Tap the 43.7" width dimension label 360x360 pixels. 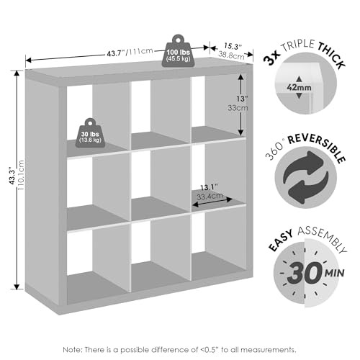click(x=117, y=53)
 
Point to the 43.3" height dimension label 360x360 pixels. click(x=12, y=176)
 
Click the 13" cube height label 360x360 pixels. click(x=242, y=99)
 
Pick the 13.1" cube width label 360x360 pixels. click(x=209, y=187)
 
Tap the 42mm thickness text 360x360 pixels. click(x=299, y=88)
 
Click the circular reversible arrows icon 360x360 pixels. click(x=305, y=177)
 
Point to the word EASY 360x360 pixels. click(x=281, y=240)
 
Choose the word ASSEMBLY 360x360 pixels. click(x=323, y=238)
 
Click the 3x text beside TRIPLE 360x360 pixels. click(x=271, y=58)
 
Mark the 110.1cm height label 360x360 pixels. click(x=21, y=175)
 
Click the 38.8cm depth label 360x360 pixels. click(x=231, y=55)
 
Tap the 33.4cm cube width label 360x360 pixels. click(x=210, y=197)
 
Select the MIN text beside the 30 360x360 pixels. click(x=335, y=273)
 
